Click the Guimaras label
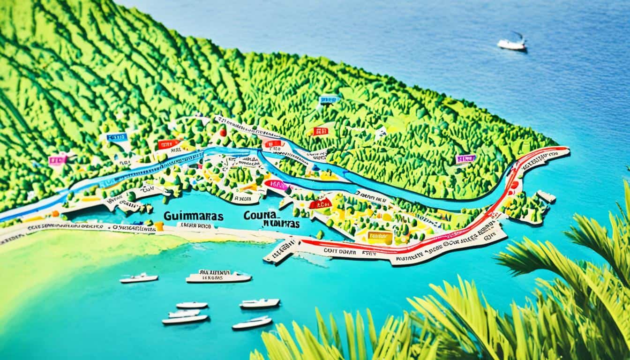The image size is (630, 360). pos(194,216)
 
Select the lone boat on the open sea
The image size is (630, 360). pos(511,44)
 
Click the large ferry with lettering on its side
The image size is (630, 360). pos(218,277)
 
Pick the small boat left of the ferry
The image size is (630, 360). pos(139,278)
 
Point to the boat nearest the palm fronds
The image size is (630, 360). pos(252,323)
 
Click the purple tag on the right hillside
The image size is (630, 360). pos(465,159)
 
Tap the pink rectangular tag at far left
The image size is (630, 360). pos(57,160)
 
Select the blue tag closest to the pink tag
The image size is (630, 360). pos(116,137)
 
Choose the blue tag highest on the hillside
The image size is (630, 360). pos(329,99)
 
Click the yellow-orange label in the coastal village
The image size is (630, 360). pos(380,237)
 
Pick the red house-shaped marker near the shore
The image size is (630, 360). pos(321,203)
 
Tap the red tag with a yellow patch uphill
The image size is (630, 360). pos(320,131)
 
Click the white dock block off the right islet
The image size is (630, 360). pos(546,196)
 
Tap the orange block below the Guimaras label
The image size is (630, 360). pos(159,226)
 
